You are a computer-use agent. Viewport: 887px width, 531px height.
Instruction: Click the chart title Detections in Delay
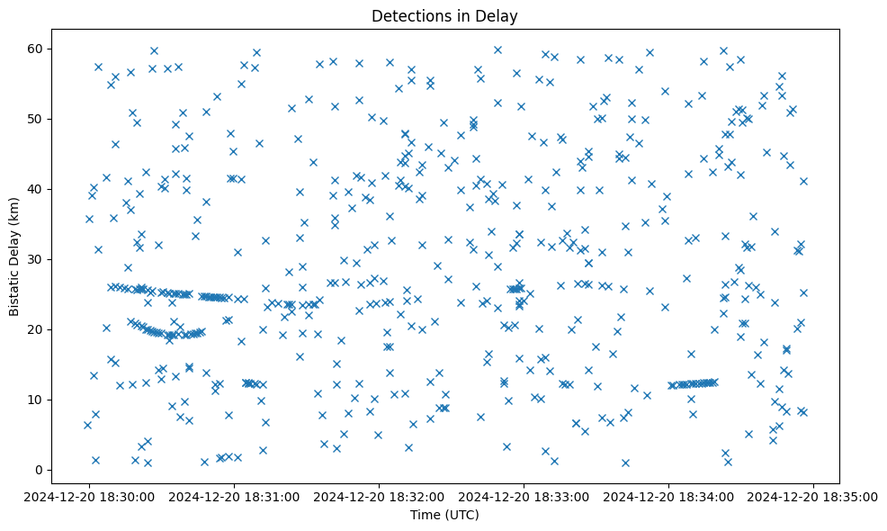tap(444, 15)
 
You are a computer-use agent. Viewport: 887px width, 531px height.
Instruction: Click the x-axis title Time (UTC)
tap(444, 515)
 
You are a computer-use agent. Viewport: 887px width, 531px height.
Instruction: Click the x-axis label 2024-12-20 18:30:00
tap(89, 496)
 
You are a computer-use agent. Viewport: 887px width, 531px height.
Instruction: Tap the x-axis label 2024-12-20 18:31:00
tap(234, 496)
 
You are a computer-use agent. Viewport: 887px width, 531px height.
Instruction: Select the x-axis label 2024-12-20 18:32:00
tap(379, 496)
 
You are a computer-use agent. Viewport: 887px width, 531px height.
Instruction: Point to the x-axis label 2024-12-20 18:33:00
tap(524, 496)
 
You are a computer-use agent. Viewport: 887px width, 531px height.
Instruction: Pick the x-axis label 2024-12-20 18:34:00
tap(668, 496)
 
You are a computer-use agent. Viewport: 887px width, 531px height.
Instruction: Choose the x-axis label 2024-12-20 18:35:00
tap(813, 496)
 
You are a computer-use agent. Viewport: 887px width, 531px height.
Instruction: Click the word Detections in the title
tap(408, 15)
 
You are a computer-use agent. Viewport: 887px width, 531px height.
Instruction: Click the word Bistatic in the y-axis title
tap(14, 289)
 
